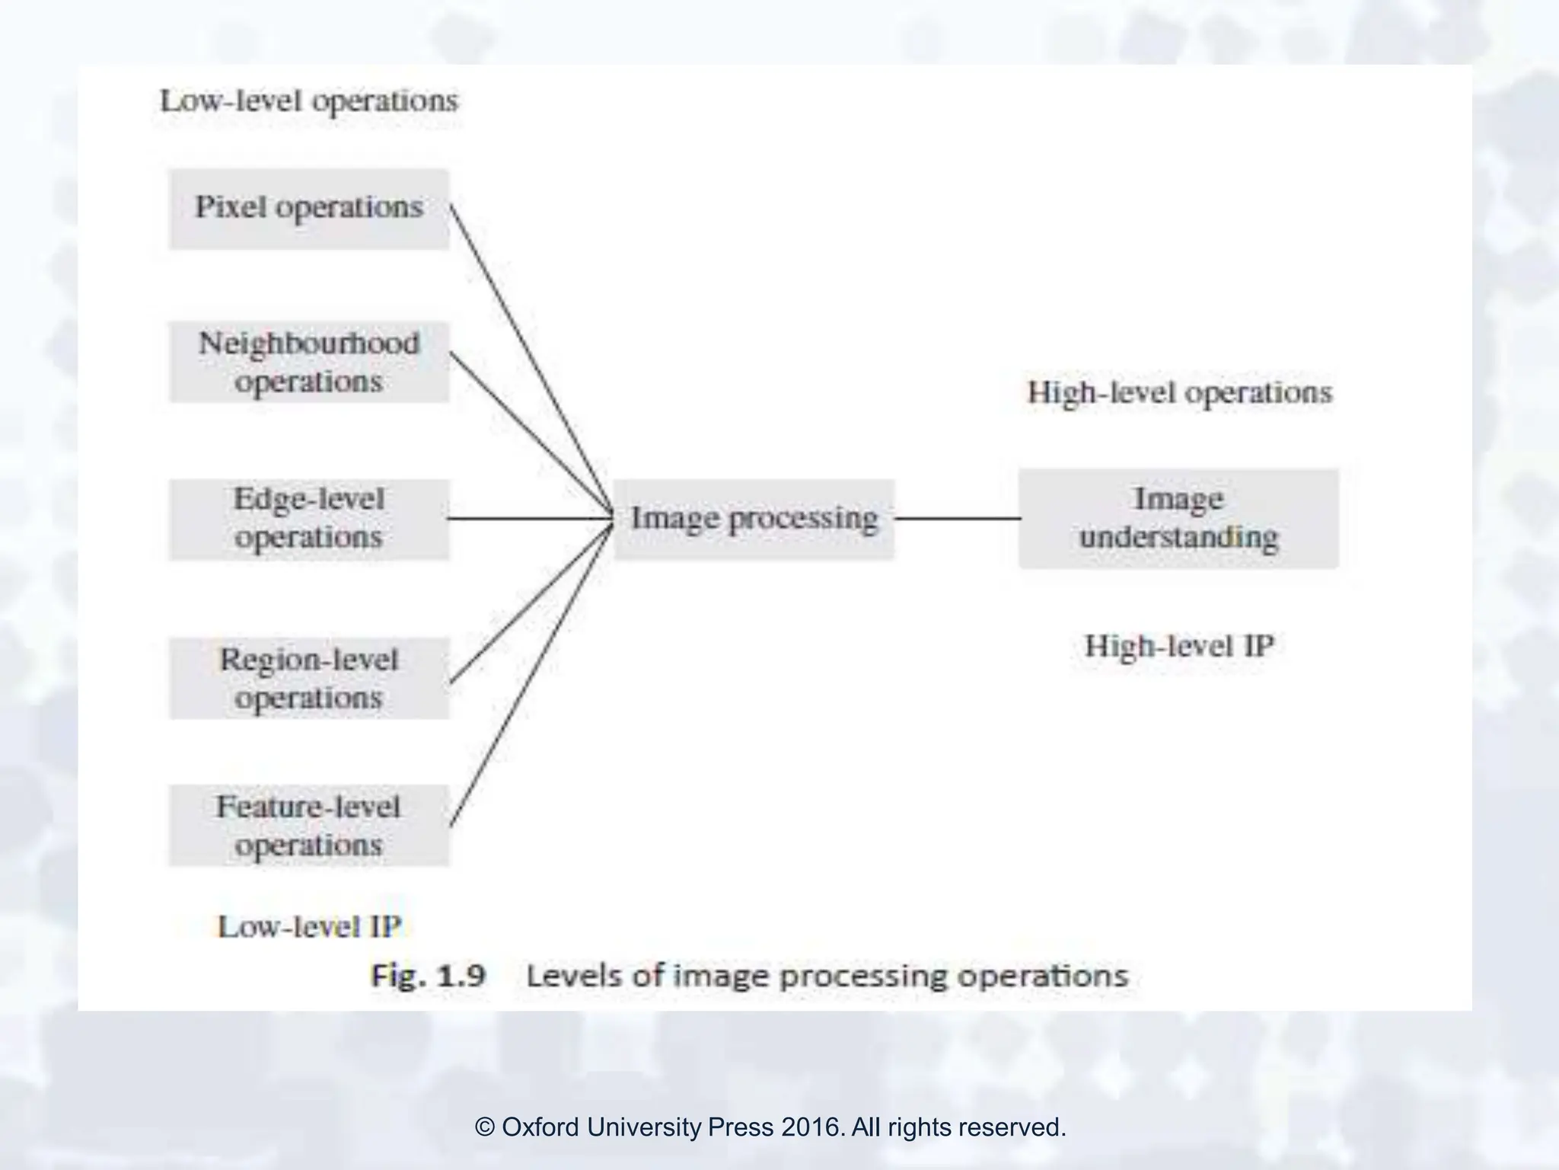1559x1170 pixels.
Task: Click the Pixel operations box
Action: pyautogui.click(x=308, y=208)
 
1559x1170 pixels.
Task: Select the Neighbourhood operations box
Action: pyautogui.click(x=308, y=362)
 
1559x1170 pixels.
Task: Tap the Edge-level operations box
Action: pyautogui.click(x=308, y=519)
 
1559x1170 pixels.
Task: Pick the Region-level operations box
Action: pyautogui.click(x=308, y=678)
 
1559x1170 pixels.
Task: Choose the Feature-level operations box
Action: pyautogui.click(x=308, y=825)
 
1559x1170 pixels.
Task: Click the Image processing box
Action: pyautogui.click(x=754, y=519)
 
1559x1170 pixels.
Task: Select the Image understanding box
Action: pyautogui.click(x=1178, y=518)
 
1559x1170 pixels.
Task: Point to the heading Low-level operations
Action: pyautogui.click(x=309, y=101)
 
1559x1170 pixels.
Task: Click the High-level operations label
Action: pyautogui.click(x=1179, y=393)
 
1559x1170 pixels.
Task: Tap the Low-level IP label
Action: pyautogui.click(x=309, y=927)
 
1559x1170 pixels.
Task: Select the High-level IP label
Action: pyautogui.click(x=1179, y=647)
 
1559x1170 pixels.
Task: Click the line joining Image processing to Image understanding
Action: pyautogui.click(x=957, y=519)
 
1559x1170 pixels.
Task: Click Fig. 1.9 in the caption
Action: pyautogui.click(x=428, y=976)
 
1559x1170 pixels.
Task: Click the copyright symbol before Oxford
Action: pyautogui.click(x=485, y=1127)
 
